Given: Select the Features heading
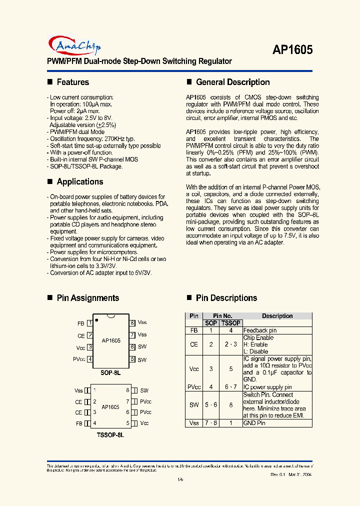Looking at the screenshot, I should (x=72, y=82).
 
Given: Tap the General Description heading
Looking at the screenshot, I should (x=232, y=82).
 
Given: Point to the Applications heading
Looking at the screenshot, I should (x=79, y=181).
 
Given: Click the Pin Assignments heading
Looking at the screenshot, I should (x=87, y=298).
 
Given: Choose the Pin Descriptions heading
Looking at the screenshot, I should (x=226, y=298).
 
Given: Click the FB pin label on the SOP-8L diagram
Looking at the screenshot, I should (x=80, y=323).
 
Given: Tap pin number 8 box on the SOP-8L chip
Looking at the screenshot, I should (x=132, y=323).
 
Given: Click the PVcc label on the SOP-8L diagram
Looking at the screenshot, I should (x=79, y=359).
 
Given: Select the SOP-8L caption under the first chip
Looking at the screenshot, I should (x=110, y=373).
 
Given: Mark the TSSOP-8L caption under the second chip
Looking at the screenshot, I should (x=110, y=435).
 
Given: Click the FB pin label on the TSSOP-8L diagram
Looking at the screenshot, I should (x=79, y=423).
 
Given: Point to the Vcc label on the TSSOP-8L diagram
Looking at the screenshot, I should (x=144, y=423).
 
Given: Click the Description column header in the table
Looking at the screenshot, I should (x=277, y=316).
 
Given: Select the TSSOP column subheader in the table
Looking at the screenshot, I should (x=230, y=323).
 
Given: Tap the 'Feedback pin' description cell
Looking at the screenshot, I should (x=259, y=330).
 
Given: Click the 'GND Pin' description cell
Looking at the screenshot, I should (x=254, y=423).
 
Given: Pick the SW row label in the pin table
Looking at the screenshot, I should (x=194, y=405).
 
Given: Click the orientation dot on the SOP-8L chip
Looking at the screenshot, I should (x=96, y=318).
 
